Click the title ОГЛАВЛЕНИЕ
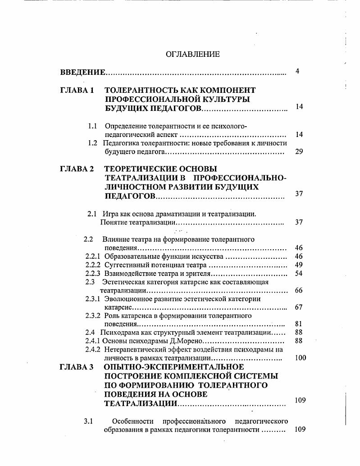[193, 55]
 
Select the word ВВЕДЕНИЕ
[83, 72]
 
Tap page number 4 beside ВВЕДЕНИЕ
[297, 71]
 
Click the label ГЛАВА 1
[77, 90]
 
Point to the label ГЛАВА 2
[77, 169]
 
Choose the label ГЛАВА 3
[77, 367]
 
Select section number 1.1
[93, 126]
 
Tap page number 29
[299, 151]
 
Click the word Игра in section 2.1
[110, 214]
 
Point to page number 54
[299, 274]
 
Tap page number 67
[299, 307]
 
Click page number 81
[299, 324]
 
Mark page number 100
[300, 358]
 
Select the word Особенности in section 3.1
[131, 421]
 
